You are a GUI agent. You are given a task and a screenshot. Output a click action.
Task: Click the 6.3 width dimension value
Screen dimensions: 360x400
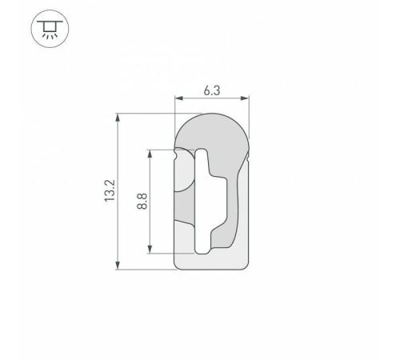point(212,90)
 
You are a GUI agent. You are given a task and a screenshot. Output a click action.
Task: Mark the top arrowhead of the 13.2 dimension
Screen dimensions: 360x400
point(119,117)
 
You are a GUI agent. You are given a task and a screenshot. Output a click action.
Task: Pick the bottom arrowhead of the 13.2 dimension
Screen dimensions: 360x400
point(119,266)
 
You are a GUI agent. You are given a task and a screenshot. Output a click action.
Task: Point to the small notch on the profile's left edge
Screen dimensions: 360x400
point(176,150)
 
